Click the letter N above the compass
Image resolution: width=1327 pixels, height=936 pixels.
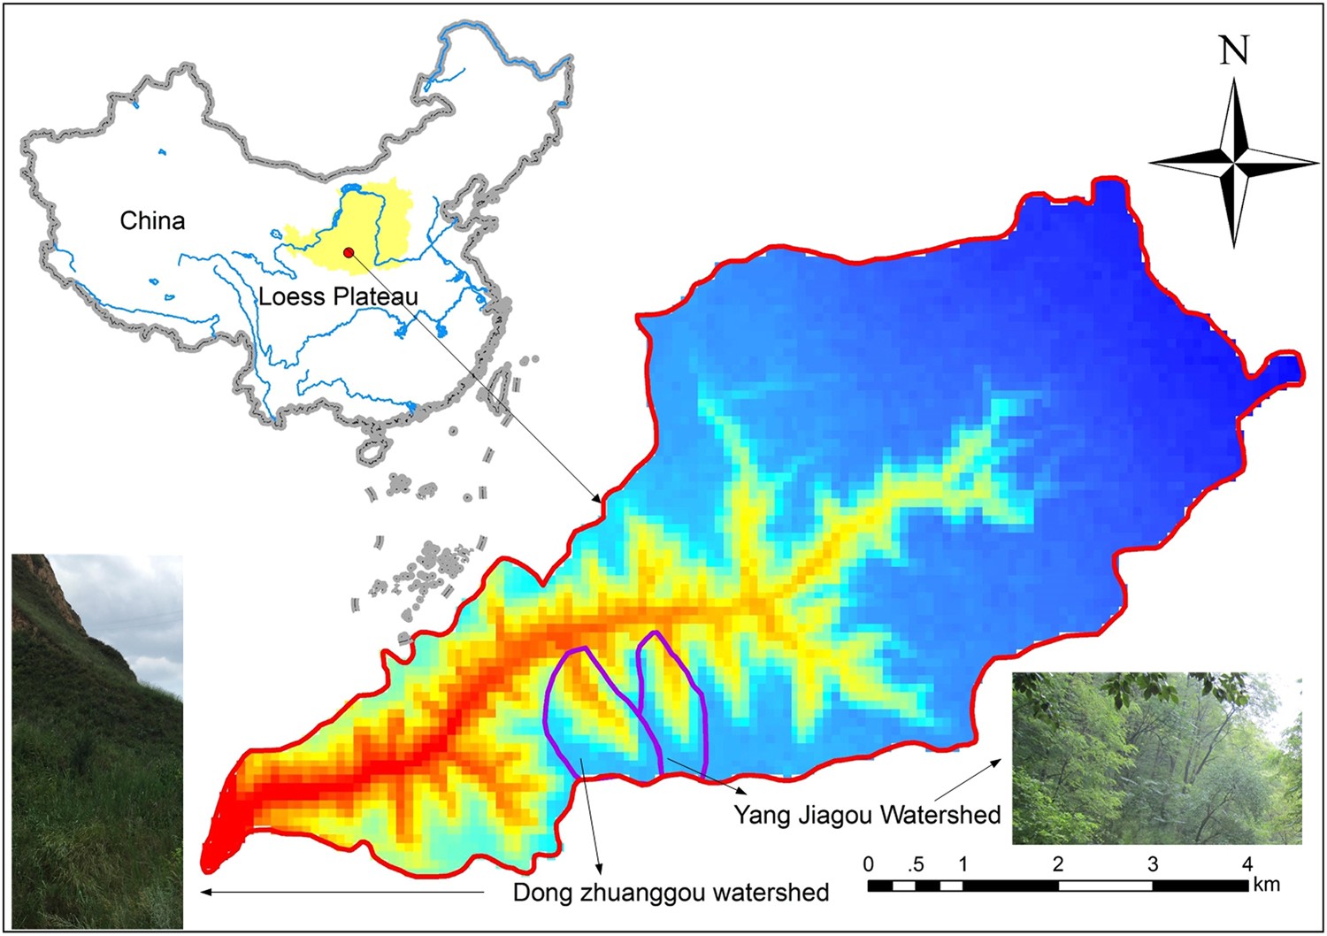tap(1234, 50)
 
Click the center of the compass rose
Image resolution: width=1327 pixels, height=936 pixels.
tap(1234, 163)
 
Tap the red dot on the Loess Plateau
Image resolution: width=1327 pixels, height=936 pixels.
tap(349, 253)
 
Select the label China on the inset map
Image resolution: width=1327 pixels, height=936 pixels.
tap(152, 220)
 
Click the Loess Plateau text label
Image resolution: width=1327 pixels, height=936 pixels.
tap(338, 296)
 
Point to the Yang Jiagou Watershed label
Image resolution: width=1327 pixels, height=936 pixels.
tap(867, 814)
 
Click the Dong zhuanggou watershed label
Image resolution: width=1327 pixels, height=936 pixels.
tap(671, 892)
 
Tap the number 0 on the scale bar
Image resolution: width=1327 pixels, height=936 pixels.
tap(869, 863)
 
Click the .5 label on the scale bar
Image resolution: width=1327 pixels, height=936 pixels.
tap(916, 863)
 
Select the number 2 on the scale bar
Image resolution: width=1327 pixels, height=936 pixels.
tap(1058, 863)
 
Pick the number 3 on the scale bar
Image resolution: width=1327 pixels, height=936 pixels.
tap(1153, 863)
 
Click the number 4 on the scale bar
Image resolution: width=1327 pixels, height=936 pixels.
tap(1247, 863)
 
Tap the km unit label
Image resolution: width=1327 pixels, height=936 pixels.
tap(1266, 884)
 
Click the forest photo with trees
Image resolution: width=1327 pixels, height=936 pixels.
tap(1156, 758)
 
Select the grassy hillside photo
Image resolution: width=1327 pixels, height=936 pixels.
tap(96, 779)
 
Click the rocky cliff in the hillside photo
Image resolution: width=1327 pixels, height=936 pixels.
tap(49, 593)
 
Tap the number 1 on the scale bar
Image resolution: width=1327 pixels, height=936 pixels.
tap(963, 863)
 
